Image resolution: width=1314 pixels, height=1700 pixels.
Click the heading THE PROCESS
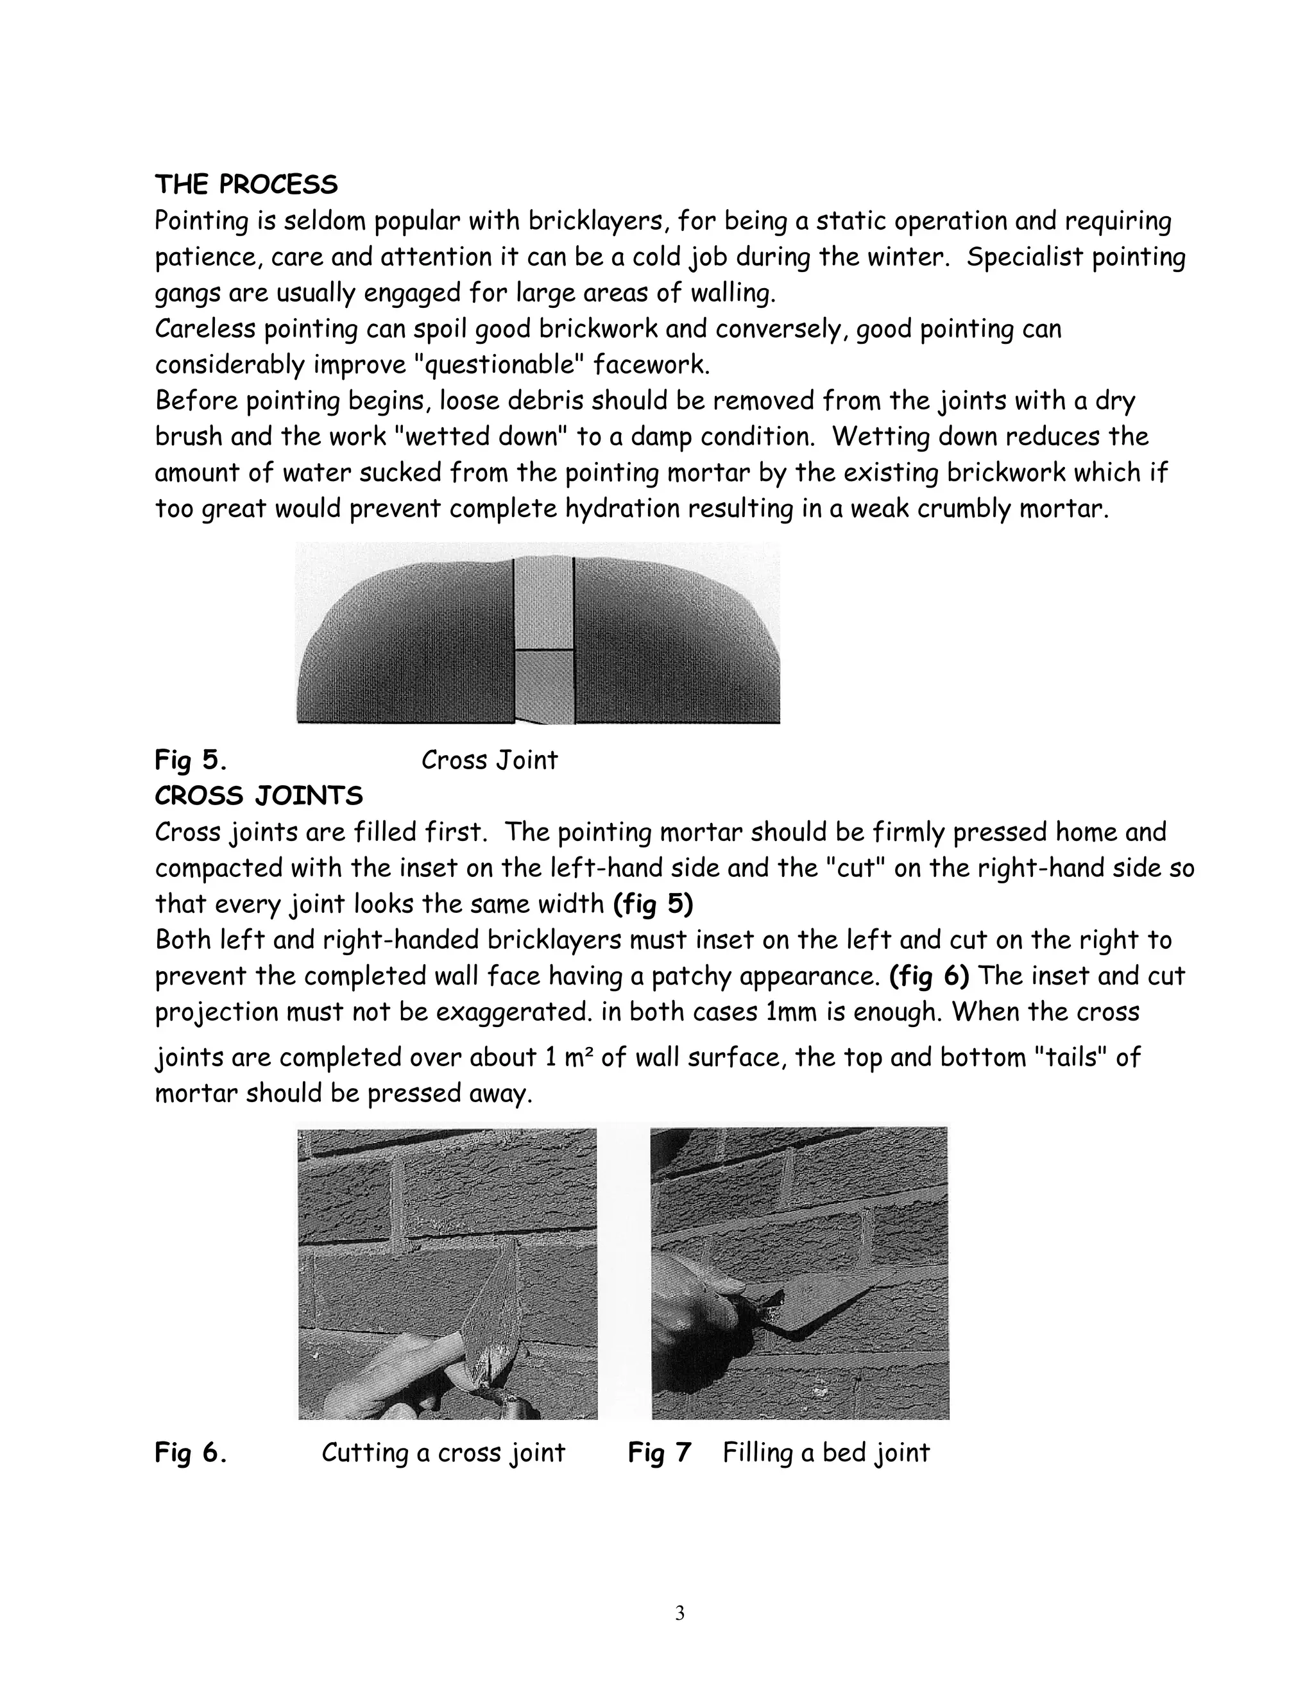click(246, 185)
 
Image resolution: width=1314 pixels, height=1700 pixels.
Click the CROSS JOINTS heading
click(259, 796)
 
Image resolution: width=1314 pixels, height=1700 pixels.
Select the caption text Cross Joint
click(489, 760)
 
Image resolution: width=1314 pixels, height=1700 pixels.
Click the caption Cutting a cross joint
click(443, 1452)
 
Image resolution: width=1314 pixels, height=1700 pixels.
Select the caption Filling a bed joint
click(826, 1452)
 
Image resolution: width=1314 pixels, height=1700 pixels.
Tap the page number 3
click(679, 1613)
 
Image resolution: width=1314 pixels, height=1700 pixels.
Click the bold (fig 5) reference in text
click(653, 905)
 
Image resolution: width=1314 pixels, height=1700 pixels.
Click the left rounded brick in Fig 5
click(405, 646)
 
